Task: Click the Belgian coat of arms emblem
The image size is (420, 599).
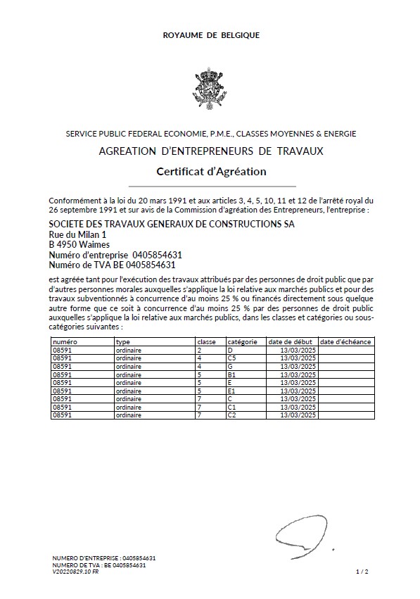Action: (210, 86)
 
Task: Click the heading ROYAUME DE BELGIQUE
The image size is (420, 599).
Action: (210, 34)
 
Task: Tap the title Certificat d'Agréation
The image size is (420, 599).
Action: (210, 171)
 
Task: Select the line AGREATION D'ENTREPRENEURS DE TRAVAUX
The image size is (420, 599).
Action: (210, 151)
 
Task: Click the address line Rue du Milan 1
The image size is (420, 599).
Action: (77, 234)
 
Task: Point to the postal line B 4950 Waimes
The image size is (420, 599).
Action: (79, 244)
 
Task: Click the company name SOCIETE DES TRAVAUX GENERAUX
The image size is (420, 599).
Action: (171, 224)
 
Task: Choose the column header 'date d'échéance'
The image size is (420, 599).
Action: (345, 341)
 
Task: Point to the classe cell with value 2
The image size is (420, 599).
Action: (200, 350)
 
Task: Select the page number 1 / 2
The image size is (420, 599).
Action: (362, 572)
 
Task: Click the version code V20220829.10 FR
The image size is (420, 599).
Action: (75, 572)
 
